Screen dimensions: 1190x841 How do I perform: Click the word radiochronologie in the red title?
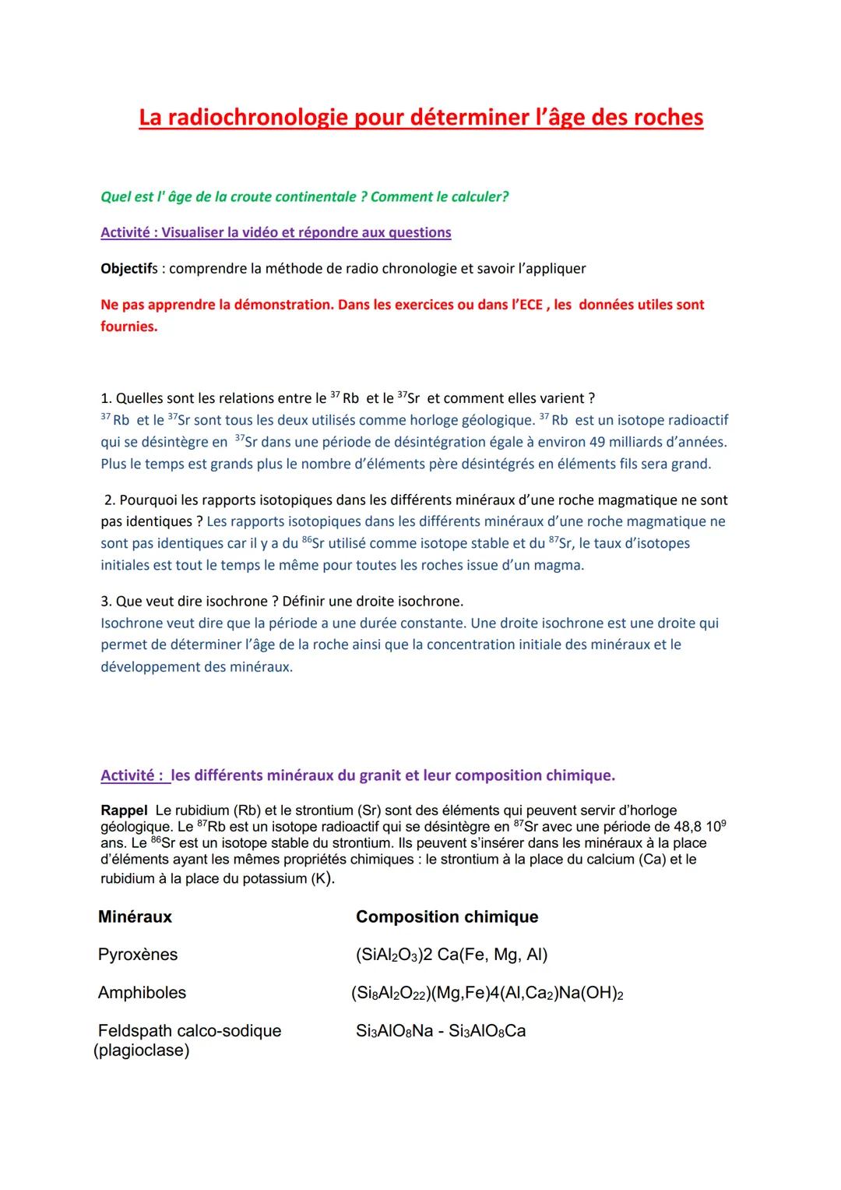pos(260,117)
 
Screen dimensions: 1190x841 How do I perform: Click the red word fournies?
pos(128,327)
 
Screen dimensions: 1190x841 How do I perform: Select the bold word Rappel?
pos(124,810)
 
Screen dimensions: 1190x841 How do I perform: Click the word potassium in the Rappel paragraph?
pos(259,878)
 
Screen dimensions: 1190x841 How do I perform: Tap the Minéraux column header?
pos(135,916)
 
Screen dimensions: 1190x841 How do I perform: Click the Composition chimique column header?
pos(447,916)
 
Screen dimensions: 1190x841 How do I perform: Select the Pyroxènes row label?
pos(138,955)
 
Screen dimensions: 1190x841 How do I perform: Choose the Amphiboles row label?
pos(142,993)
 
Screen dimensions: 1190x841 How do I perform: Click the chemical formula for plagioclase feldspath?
pos(441,1031)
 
